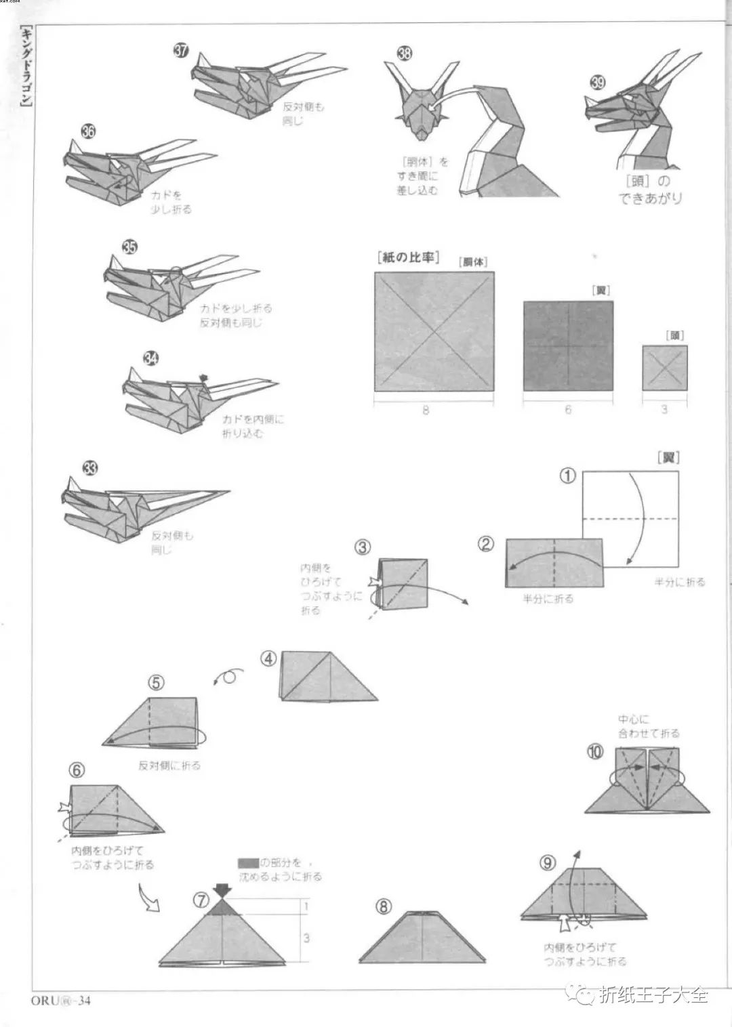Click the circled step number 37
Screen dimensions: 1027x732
(x=181, y=51)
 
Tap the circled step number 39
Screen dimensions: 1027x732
(x=597, y=83)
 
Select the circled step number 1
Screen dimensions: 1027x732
(x=567, y=476)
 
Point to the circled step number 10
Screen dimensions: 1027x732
(x=595, y=752)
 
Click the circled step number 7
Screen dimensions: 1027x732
(x=201, y=900)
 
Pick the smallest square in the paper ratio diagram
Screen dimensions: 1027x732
(x=664, y=367)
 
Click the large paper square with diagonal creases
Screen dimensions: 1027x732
(x=434, y=331)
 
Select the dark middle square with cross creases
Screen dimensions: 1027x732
(x=568, y=345)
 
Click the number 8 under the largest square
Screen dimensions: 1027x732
(x=426, y=410)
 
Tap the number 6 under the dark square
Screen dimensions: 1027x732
(x=568, y=409)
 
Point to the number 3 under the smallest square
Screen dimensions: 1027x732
(x=664, y=409)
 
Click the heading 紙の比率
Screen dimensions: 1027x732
(x=407, y=258)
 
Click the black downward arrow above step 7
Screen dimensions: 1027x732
(x=222, y=890)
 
